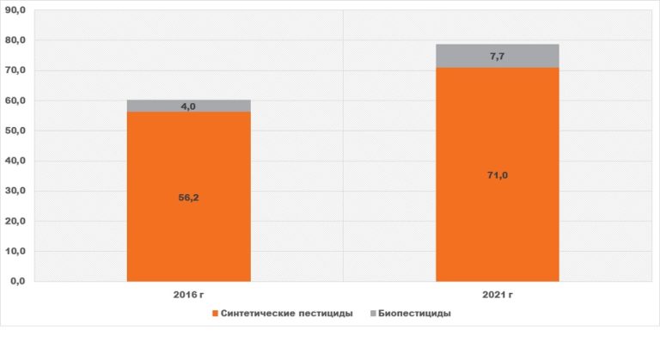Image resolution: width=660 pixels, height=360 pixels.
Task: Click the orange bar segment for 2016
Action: point(188,197)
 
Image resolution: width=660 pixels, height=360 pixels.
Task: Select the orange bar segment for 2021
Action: point(498,174)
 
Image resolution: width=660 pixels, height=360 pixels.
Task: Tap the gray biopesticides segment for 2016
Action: point(188,106)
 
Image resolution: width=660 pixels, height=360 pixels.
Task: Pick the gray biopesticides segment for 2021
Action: point(498,56)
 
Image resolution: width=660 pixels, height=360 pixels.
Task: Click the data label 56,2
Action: point(188,198)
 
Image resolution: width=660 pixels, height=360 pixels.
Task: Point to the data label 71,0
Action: point(498,175)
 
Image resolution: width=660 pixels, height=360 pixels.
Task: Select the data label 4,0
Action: point(188,107)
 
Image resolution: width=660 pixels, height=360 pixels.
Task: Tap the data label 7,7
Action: point(497,57)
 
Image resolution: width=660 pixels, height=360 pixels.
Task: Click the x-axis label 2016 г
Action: point(188,295)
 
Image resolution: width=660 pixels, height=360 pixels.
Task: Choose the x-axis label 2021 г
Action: point(498,295)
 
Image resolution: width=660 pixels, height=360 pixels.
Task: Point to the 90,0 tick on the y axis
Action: point(15,10)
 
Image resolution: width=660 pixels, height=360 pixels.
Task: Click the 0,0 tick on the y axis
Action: point(18,281)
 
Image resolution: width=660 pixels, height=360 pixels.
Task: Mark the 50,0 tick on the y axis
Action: point(15,131)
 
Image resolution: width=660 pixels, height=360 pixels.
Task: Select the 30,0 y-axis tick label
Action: point(15,191)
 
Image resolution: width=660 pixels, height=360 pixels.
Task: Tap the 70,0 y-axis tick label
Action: point(15,70)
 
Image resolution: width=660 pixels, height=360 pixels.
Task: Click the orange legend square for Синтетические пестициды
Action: point(215,314)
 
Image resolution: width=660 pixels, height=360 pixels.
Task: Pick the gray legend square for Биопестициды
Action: point(373,314)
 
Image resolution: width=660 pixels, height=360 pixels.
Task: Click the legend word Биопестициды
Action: point(414,314)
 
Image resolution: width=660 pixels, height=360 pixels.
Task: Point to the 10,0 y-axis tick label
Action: point(15,252)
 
